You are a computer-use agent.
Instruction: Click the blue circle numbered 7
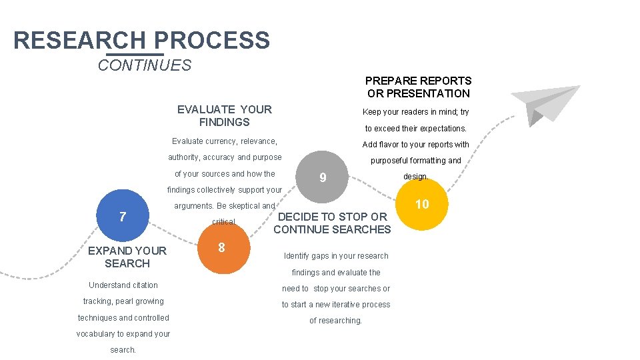123,217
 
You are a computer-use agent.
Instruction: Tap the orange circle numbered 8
222,248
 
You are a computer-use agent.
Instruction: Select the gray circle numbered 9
323,178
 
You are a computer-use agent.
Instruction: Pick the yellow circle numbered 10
422,205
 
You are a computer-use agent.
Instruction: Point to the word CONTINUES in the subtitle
144,65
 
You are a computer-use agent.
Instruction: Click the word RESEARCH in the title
79,41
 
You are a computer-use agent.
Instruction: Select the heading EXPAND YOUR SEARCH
127,257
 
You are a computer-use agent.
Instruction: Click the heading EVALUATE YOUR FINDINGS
225,115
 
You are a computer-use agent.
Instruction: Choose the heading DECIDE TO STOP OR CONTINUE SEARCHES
332,223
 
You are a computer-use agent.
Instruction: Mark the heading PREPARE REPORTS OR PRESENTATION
419,87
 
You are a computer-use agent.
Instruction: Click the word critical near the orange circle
223,222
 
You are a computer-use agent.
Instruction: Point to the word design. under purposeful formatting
416,177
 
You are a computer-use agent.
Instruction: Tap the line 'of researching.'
335,321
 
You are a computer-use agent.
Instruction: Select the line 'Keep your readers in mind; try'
415,112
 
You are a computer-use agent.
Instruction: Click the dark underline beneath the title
135,54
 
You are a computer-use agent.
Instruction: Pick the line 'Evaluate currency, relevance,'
224,141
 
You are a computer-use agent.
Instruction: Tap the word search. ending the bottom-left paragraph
123,350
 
